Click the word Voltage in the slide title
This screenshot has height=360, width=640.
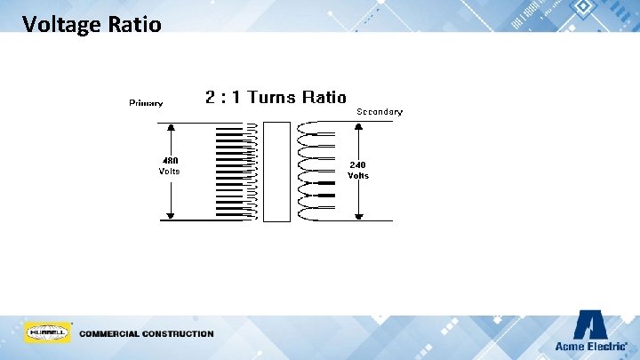coord(60,24)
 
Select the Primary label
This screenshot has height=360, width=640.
coord(146,103)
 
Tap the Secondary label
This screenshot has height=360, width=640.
coord(380,112)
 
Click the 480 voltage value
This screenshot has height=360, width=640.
coord(169,160)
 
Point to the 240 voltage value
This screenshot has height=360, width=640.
coord(357,164)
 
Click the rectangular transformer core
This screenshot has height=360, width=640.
coord(277,172)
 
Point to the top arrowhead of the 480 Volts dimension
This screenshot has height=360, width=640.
coord(169,125)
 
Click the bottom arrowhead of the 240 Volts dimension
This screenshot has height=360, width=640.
coord(358,215)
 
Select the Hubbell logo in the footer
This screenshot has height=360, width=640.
coord(48,333)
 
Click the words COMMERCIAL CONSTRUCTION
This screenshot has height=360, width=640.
coord(147,334)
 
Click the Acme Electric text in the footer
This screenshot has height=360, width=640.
coord(590,347)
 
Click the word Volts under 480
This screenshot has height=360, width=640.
coord(169,171)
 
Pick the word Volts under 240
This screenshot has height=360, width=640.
coord(357,176)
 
